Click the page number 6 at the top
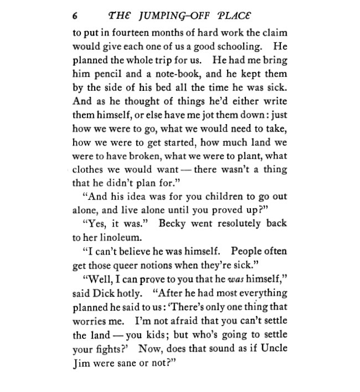tap(75, 14)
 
